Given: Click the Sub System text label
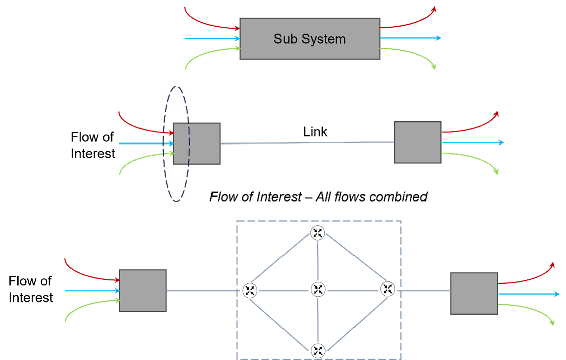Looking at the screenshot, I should (310, 39).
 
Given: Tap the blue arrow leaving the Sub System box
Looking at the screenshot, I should (410, 38).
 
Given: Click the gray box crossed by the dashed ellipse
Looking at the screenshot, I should (197, 143).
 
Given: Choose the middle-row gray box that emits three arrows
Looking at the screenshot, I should (417, 142).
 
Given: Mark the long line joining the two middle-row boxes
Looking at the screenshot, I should (307, 143).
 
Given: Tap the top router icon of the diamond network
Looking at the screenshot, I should (318, 233).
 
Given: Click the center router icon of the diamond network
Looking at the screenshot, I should (318, 290).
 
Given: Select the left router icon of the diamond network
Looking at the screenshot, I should (250, 290).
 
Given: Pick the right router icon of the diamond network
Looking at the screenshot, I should (388, 289).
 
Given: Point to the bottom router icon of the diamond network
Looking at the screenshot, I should (318, 350).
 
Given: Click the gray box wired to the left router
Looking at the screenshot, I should (143, 291).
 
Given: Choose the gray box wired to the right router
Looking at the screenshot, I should (474, 294).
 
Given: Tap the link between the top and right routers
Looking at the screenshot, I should (352, 261).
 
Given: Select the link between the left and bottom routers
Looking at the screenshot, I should (284, 320).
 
